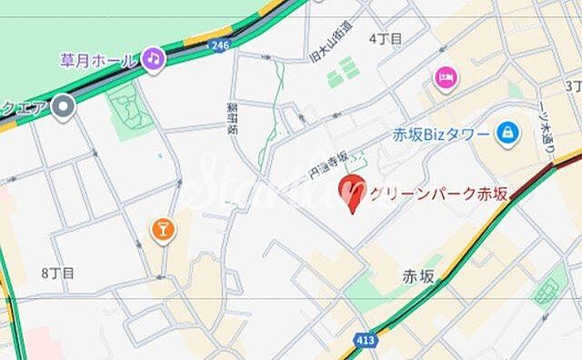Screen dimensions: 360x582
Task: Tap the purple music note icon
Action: tap(153, 59)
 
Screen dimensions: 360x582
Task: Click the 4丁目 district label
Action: tap(386, 38)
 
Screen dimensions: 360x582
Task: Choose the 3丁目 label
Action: tap(572, 85)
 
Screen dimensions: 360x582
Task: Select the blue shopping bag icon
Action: tap(507, 133)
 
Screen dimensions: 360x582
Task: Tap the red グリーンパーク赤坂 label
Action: tap(436, 193)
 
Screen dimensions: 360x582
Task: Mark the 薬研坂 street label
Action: tap(232, 116)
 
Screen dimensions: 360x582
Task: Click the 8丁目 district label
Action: tap(57, 272)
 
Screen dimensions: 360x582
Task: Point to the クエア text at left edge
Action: tap(24, 109)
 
